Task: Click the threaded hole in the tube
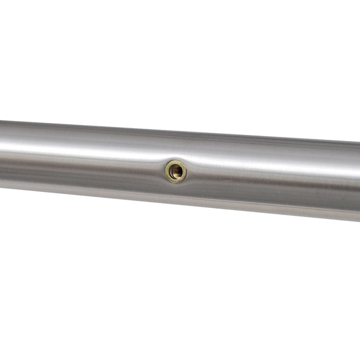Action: coord(176,171)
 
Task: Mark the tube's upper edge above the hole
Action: coord(176,130)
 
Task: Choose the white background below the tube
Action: coord(180,288)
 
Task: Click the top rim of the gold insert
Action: coord(176,162)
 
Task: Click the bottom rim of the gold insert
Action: coord(176,181)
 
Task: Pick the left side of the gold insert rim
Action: coord(167,171)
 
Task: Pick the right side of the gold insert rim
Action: coord(185,172)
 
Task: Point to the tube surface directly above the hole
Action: coord(176,149)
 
